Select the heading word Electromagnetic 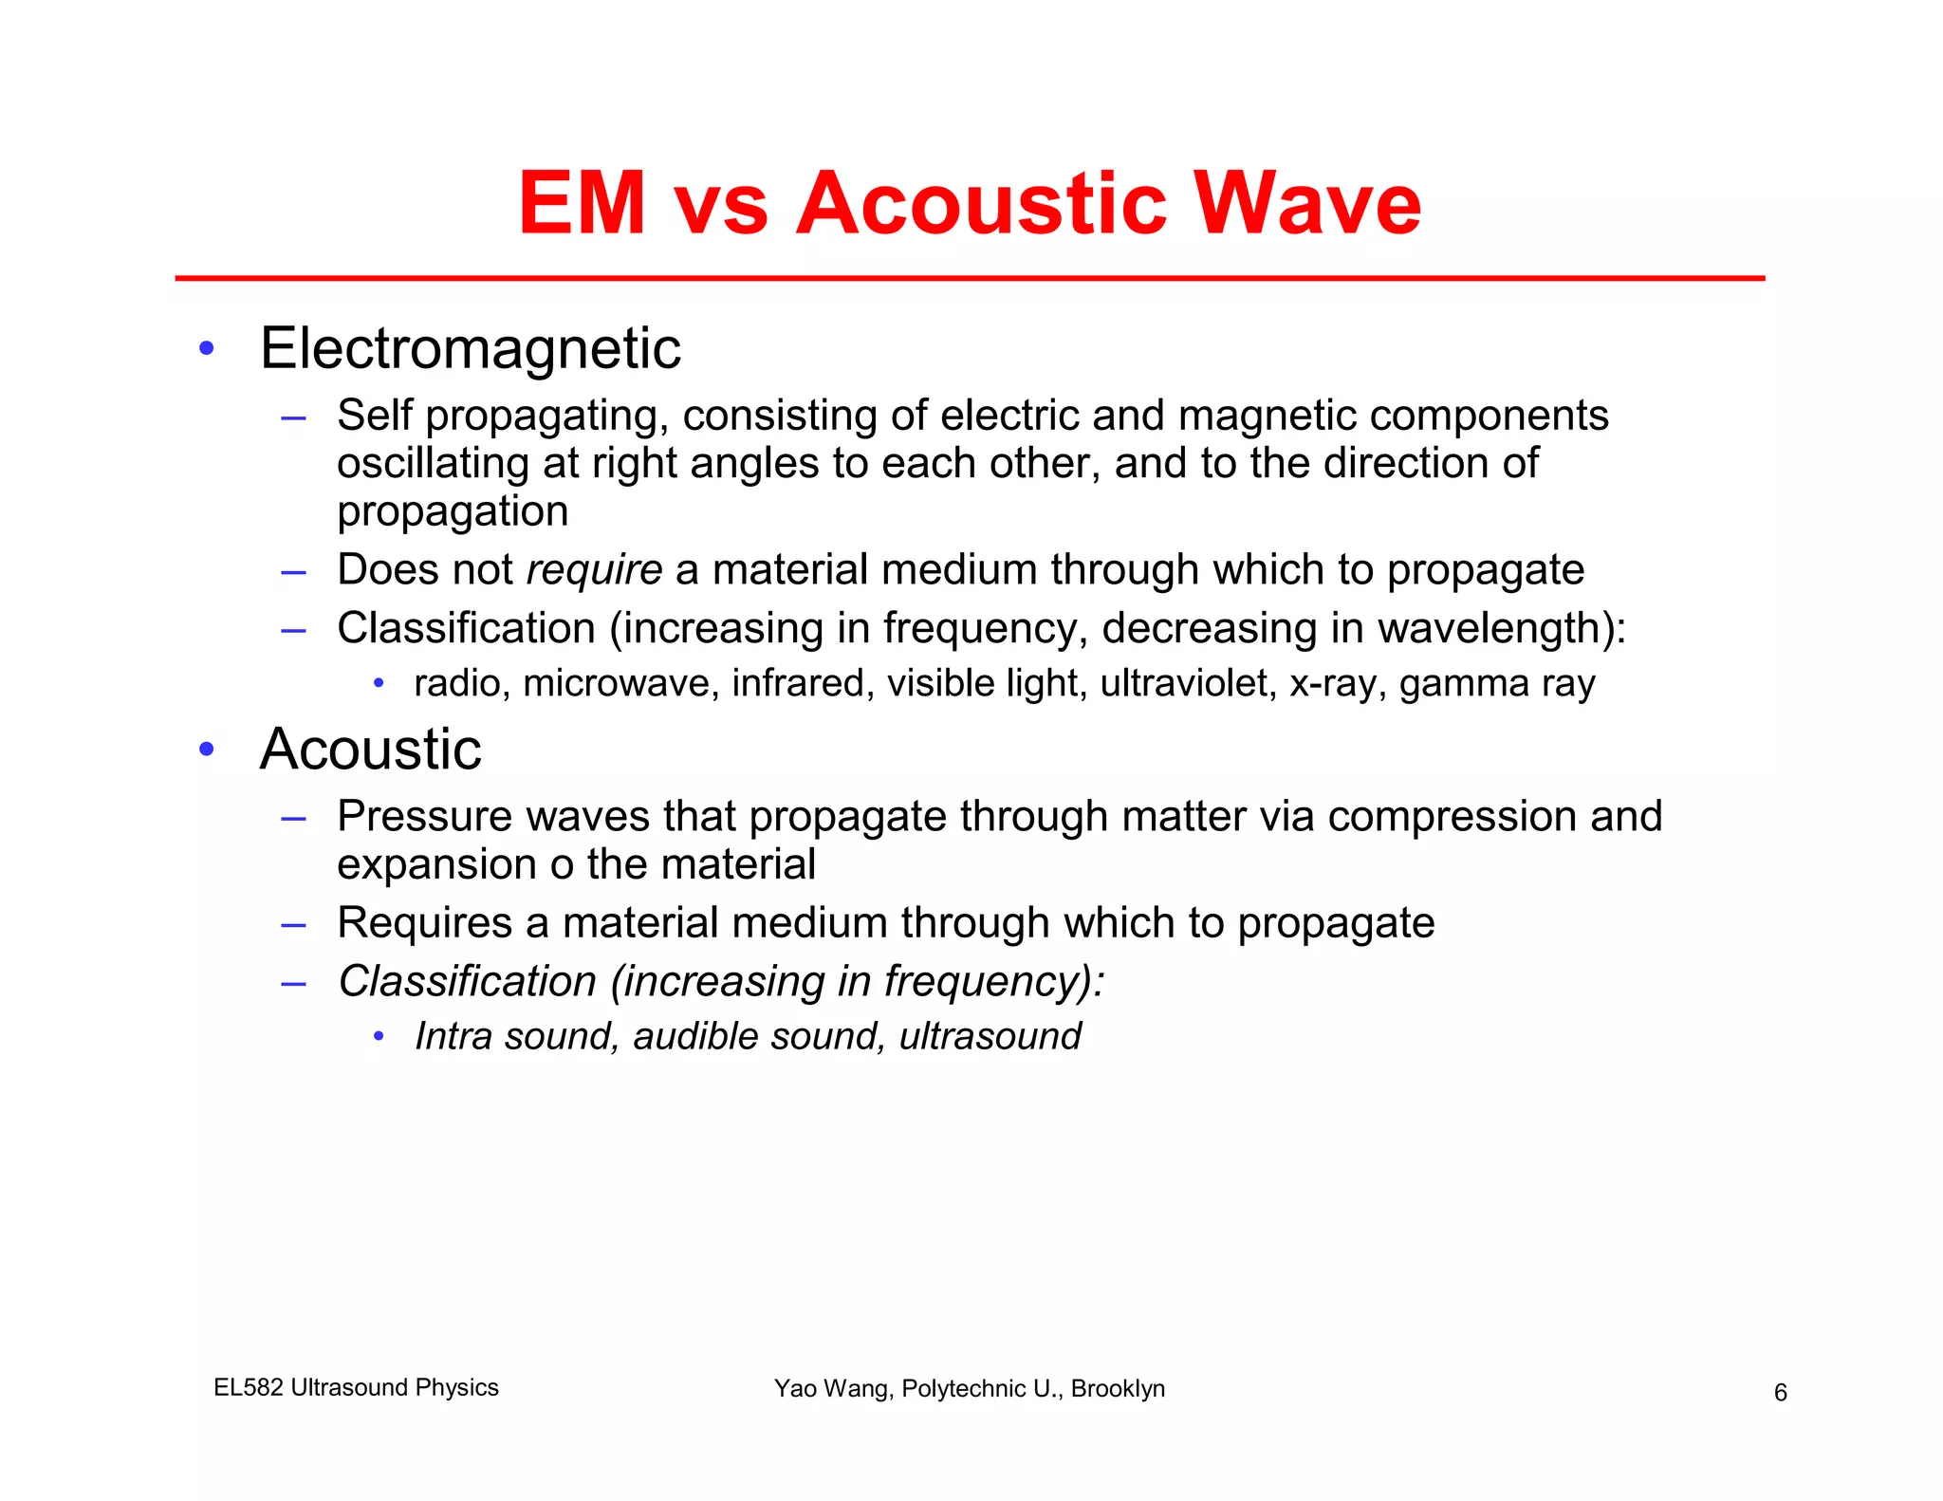coord(471,348)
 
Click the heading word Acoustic coord(371,750)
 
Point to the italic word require coord(594,569)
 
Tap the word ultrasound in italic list coord(990,1036)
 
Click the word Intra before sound coord(453,1036)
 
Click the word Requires coord(425,923)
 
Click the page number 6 coord(1781,1393)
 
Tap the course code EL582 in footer coord(249,1387)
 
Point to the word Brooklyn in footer coord(1118,1388)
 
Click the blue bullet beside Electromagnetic coord(207,348)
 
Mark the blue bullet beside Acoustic coord(207,750)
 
